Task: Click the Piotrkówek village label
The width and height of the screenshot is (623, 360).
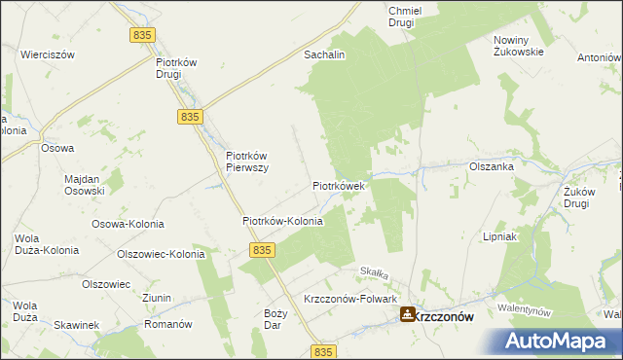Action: (x=339, y=185)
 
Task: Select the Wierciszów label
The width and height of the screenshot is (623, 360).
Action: (x=48, y=55)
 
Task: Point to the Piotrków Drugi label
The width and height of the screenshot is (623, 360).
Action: (x=176, y=68)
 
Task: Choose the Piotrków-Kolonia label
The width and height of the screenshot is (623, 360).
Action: (x=282, y=221)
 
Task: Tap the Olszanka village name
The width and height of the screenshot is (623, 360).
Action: (x=491, y=166)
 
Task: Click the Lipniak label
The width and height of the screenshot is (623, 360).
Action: (x=499, y=236)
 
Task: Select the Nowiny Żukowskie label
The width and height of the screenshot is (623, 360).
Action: (x=517, y=47)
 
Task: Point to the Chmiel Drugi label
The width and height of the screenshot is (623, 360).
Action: (x=403, y=16)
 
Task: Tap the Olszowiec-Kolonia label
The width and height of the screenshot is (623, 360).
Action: (x=161, y=254)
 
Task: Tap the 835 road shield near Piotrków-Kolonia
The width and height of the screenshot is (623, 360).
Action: (x=260, y=250)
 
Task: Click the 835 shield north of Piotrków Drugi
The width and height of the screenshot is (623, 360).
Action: (x=141, y=34)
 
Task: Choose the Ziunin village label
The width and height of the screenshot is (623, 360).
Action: (x=156, y=298)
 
